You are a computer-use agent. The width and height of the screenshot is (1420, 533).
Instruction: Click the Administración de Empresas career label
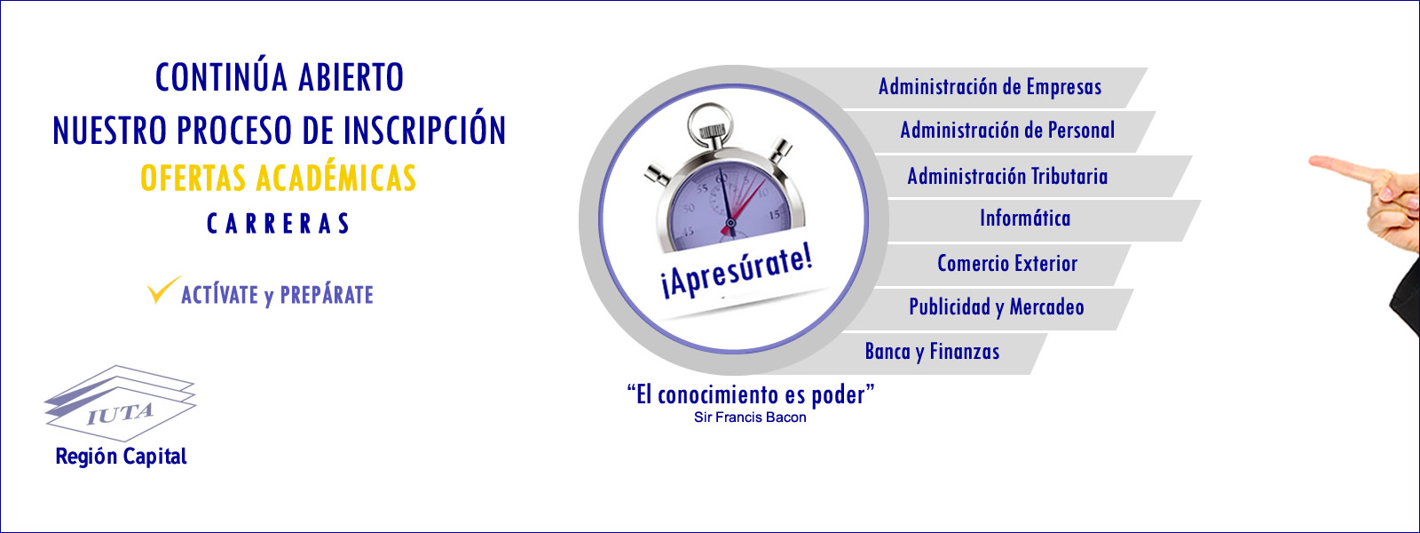[x=990, y=87]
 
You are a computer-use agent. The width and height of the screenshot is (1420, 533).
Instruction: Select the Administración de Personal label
[x=1007, y=131]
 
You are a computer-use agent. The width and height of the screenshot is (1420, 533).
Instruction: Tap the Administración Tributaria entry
[x=1007, y=176]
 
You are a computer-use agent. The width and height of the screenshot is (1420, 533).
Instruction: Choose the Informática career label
[x=1025, y=219]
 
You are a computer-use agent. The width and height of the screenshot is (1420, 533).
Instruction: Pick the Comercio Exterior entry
[x=1007, y=263]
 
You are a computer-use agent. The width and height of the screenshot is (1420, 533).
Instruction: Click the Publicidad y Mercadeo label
[x=997, y=307]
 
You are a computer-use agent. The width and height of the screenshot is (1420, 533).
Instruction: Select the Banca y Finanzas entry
[x=932, y=352]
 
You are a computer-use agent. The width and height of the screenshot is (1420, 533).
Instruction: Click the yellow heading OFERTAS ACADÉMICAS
[x=279, y=178]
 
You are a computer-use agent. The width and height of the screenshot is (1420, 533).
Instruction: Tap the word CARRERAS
[x=279, y=223]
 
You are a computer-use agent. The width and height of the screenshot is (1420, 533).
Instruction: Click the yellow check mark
[x=162, y=290]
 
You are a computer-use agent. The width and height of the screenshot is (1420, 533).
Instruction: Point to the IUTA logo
[x=120, y=403]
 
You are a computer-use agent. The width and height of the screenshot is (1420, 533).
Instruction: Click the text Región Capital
[x=121, y=457]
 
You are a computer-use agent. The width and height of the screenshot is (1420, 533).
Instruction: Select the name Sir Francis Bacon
[x=750, y=418]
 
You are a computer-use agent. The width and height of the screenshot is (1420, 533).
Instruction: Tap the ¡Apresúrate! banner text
[x=737, y=273]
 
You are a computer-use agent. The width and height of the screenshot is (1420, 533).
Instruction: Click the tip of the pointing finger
[x=1311, y=163]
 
